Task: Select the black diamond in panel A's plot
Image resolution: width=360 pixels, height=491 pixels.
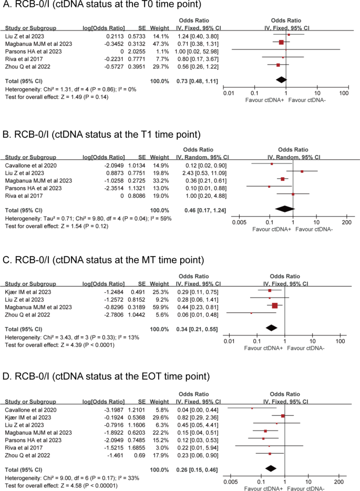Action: click(281, 79)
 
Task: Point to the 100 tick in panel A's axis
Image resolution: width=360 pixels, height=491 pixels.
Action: click(344, 93)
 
